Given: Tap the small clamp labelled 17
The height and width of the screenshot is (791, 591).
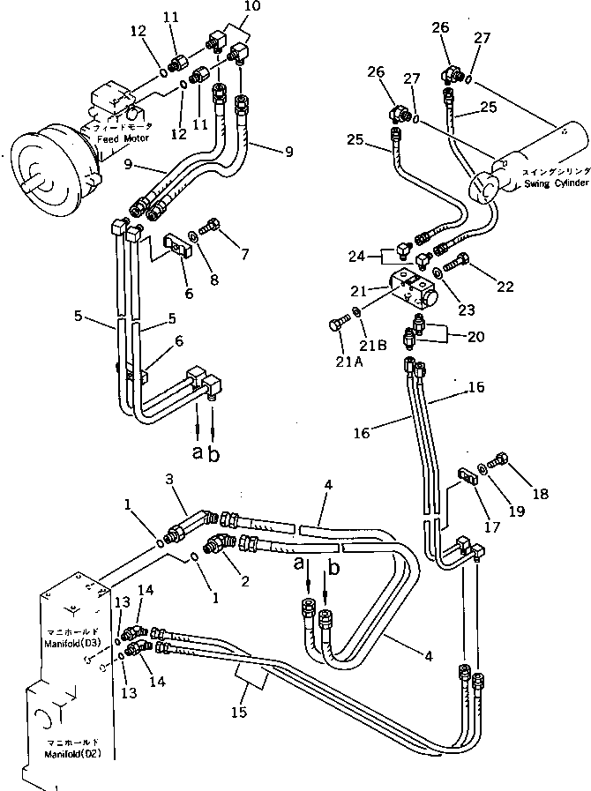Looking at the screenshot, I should (x=468, y=478).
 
